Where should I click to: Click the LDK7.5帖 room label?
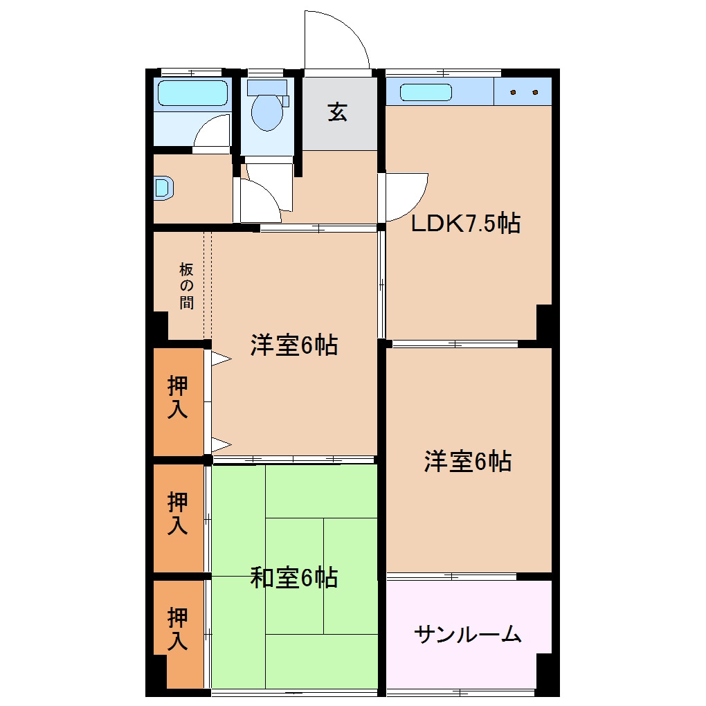click(x=465, y=223)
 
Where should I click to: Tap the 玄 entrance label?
click(x=337, y=111)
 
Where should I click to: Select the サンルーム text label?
click(x=467, y=633)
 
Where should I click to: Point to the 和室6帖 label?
click(x=293, y=577)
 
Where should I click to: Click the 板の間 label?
click(x=186, y=285)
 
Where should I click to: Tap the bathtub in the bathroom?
click(x=192, y=93)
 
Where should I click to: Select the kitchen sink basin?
click(x=425, y=92)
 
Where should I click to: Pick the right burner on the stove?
click(x=535, y=92)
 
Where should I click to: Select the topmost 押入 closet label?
click(x=178, y=397)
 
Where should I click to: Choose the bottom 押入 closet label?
click(x=178, y=628)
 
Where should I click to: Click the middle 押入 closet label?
click(x=178, y=512)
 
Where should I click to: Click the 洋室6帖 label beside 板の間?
click(x=293, y=344)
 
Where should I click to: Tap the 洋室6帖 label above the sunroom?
click(x=467, y=460)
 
